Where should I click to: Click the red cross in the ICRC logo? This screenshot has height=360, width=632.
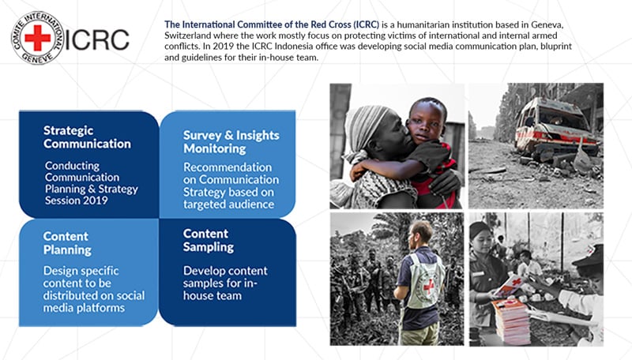(37, 38)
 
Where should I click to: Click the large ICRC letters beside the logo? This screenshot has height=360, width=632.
(97, 39)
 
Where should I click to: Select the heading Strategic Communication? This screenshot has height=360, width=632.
(87, 137)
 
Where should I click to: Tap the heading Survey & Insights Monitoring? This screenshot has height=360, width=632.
(231, 142)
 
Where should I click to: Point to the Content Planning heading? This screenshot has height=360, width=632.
(67, 243)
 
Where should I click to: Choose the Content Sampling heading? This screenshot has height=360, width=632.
(208, 241)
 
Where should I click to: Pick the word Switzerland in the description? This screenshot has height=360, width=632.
(187, 36)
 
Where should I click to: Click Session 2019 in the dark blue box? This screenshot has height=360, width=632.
(76, 201)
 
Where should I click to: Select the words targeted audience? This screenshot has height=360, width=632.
(228, 204)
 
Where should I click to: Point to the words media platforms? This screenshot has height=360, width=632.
(84, 308)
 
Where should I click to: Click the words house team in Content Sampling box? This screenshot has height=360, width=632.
(213, 295)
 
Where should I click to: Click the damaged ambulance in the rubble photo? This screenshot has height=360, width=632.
(557, 128)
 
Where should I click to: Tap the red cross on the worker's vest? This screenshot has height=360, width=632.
(428, 287)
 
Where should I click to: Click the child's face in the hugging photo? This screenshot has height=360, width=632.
(425, 122)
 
